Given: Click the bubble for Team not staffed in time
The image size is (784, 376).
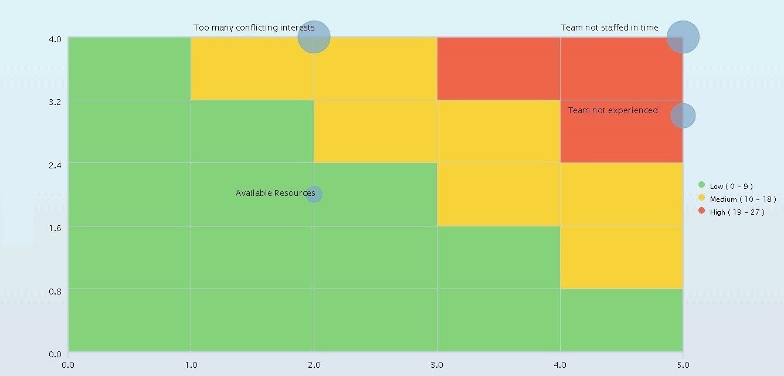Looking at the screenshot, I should pyautogui.click(x=683, y=37).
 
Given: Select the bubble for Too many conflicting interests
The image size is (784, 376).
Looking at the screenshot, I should pyautogui.click(x=314, y=37).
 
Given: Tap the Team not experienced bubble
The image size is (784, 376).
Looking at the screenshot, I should pyautogui.click(x=683, y=116).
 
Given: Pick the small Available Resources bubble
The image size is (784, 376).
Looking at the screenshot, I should pyautogui.click(x=314, y=194).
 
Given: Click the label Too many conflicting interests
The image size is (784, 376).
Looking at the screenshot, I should pyautogui.click(x=254, y=28).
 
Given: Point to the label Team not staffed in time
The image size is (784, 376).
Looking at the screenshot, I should pyautogui.click(x=609, y=28).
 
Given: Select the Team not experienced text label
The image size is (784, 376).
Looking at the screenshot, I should pyautogui.click(x=613, y=110).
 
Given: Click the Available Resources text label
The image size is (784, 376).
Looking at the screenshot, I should pyautogui.click(x=275, y=193).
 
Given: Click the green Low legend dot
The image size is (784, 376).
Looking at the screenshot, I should pyautogui.click(x=701, y=185).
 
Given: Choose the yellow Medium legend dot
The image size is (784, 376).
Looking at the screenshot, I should pyautogui.click(x=701, y=198).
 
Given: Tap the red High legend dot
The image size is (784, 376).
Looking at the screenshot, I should pyautogui.click(x=701, y=211).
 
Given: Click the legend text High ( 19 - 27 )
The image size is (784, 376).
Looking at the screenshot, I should pyautogui.click(x=737, y=212).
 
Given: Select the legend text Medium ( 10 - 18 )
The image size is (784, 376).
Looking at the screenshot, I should pyautogui.click(x=743, y=199).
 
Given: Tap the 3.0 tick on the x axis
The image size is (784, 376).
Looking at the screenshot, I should pyautogui.click(x=437, y=364).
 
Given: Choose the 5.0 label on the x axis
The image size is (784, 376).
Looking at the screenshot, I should pyautogui.click(x=683, y=364).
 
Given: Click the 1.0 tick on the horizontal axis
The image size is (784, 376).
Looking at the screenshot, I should pyautogui.click(x=191, y=364).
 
